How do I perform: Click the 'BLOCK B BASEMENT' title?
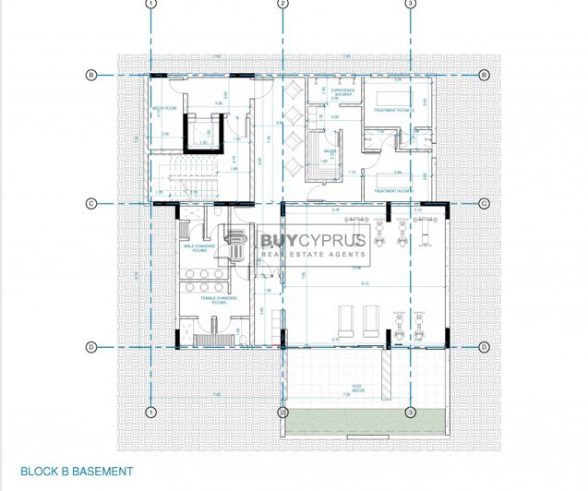coord(77,472)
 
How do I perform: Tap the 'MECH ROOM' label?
coord(164,108)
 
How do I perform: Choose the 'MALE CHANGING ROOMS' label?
coord(200,248)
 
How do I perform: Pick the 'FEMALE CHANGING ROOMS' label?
coord(219,300)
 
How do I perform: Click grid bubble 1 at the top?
coord(150,4)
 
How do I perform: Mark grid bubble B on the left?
coord(91,74)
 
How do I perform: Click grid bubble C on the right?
coord(483,204)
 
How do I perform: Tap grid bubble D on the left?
coord(91,347)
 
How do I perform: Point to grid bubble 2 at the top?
coord(282,4)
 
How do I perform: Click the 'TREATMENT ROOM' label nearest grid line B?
coord(391,110)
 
